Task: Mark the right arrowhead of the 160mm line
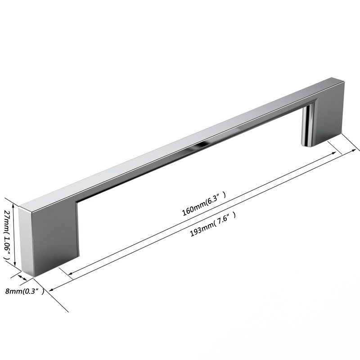click(334, 153)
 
